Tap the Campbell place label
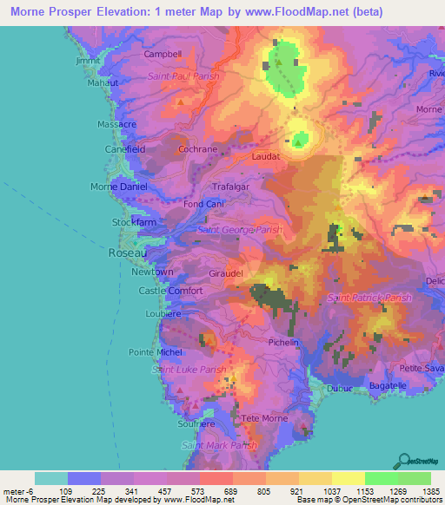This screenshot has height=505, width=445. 163,54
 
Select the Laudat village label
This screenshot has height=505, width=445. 266,157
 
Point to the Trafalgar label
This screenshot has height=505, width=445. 232,187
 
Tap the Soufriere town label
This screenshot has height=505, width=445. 196,424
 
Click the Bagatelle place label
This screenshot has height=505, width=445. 388,385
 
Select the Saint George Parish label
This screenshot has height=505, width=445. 240,230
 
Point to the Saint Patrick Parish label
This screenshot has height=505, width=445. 369,298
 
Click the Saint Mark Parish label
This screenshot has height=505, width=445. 220,445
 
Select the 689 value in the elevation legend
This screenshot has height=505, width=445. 231,491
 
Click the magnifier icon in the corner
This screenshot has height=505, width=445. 403,462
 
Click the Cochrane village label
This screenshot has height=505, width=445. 197,149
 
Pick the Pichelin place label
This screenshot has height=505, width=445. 283,343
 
